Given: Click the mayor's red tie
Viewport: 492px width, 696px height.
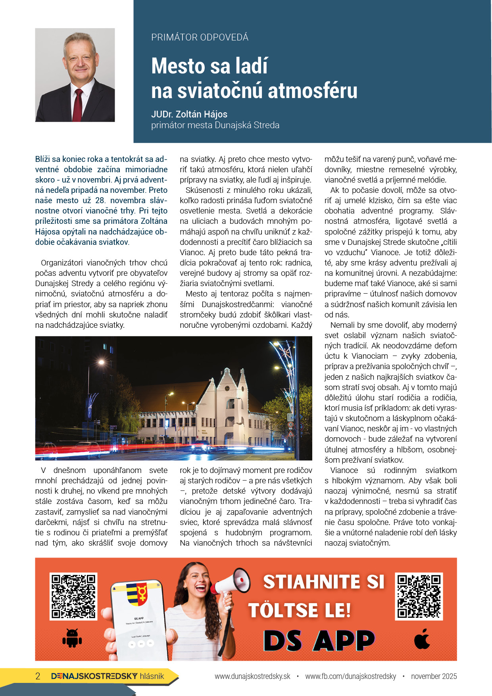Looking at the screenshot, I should click(x=78, y=105).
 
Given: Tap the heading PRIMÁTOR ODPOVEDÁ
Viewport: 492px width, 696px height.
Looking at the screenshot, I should click(x=200, y=37).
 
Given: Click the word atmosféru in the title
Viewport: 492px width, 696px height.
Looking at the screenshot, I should click(x=313, y=90).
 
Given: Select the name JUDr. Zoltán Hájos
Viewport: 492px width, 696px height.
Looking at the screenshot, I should click(x=189, y=114).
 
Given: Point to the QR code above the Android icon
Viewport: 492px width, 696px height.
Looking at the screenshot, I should click(x=73, y=596).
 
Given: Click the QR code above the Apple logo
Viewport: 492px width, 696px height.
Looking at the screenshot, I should click(x=419, y=596).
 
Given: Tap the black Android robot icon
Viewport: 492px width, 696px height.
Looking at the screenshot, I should click(x=72, y=638).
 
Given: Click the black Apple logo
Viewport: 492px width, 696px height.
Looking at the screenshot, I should click(x=422, y=638).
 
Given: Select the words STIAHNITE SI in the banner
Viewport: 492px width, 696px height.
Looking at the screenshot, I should click(x=324, y=582).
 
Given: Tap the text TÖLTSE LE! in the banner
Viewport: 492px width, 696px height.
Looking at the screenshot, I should click(x=300, y=610).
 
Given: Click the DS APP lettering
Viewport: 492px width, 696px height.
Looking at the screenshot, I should click(x=319, y=640).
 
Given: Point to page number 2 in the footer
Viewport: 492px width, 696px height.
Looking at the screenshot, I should click(x=38, y=676).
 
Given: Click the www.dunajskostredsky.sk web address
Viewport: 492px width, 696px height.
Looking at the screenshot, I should click(x=252, y=676).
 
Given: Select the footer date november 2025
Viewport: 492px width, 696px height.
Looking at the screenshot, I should click(x=434, y=676).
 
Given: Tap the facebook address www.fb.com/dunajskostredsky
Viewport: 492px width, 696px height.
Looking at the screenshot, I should click(x=350, y=676).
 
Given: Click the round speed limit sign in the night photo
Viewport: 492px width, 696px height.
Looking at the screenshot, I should click(x=290, y=425).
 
